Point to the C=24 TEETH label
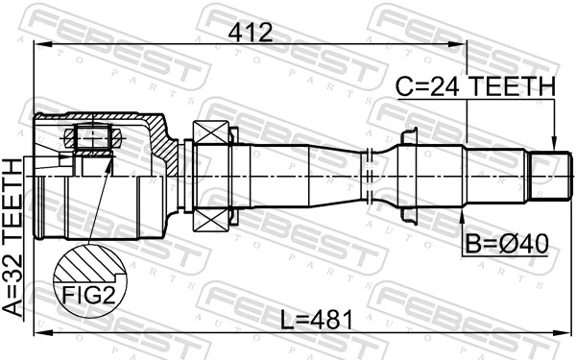[476, 87]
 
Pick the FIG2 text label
[90, 294]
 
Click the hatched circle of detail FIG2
[89, 267]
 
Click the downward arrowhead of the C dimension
[554, 144]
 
